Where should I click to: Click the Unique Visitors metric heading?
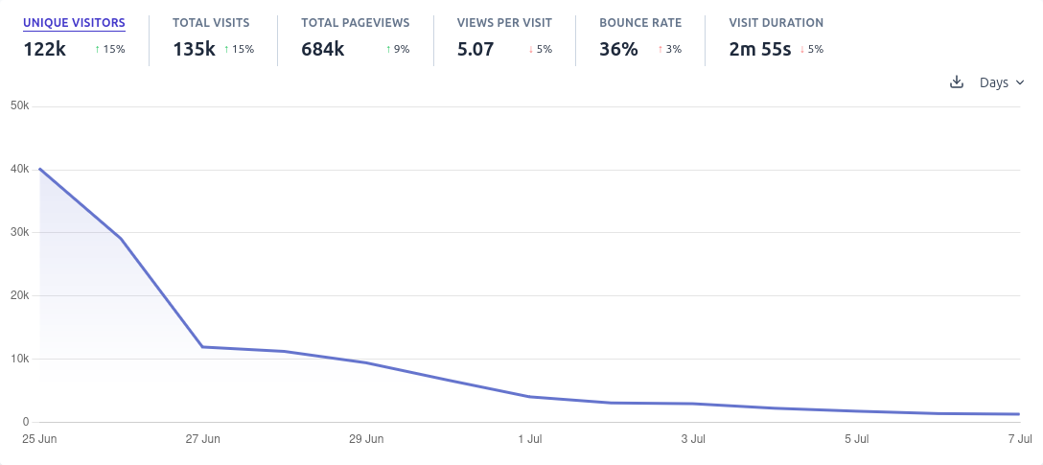[74, 22]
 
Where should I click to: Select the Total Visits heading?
[211, 22]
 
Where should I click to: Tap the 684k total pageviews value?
[322, 49]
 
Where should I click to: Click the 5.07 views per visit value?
[475, 49]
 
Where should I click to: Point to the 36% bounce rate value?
[618, 49]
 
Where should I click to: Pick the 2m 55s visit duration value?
[760, 49]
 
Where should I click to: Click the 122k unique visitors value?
[44, 49]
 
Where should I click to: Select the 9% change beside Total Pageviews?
[397, 49]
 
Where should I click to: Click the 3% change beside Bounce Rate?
[669, 49]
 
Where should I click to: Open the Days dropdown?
[1002, 82]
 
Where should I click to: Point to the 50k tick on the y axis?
[19, 105]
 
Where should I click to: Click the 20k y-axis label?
[19, 295]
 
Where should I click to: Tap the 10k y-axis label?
[19, 359]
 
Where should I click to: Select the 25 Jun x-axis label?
[39, 439]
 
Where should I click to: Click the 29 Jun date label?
[366, 439]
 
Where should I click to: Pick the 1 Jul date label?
[529, 439]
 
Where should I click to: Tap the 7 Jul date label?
[1018, 439]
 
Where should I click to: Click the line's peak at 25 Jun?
[39, 169]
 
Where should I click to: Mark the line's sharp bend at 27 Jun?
[202, 347]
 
